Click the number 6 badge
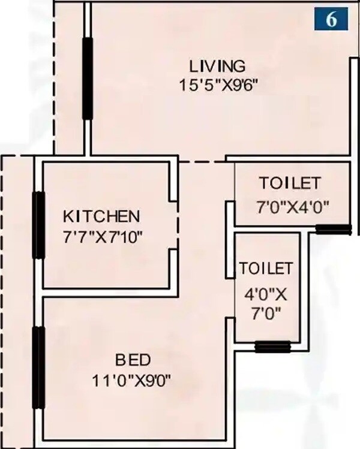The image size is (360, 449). coord(331,18)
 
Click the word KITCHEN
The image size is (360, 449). coord(102,215)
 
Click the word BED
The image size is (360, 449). coord(133,360)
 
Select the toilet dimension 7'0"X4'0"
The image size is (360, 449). coord(292,207)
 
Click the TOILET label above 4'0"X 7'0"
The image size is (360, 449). coord(266,268)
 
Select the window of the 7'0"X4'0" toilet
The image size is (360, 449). coord(333,228)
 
